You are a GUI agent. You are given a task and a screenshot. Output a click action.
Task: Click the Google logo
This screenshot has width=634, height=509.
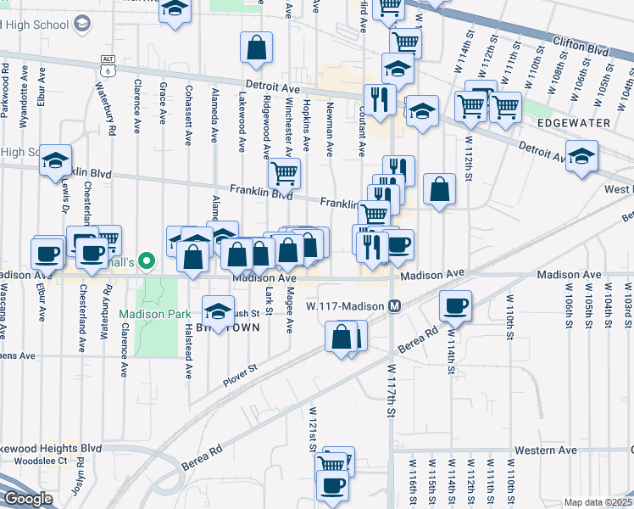(x=27, y=499)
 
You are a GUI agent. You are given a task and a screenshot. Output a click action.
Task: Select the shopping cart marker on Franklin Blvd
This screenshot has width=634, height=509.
(x=285, y=173)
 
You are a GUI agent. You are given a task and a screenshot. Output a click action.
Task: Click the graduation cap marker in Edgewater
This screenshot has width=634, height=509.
(x=581, y=157)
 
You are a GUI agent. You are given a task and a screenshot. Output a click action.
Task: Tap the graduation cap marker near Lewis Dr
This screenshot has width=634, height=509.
(x=56, y=159)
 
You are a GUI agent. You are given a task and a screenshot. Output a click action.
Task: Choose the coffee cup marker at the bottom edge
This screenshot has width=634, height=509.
(x=332, y=485)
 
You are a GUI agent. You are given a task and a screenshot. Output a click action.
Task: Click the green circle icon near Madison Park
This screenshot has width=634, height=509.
(x=146, y=261)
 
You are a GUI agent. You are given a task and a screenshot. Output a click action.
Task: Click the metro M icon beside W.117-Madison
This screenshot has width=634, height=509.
(x=394, y=305)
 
